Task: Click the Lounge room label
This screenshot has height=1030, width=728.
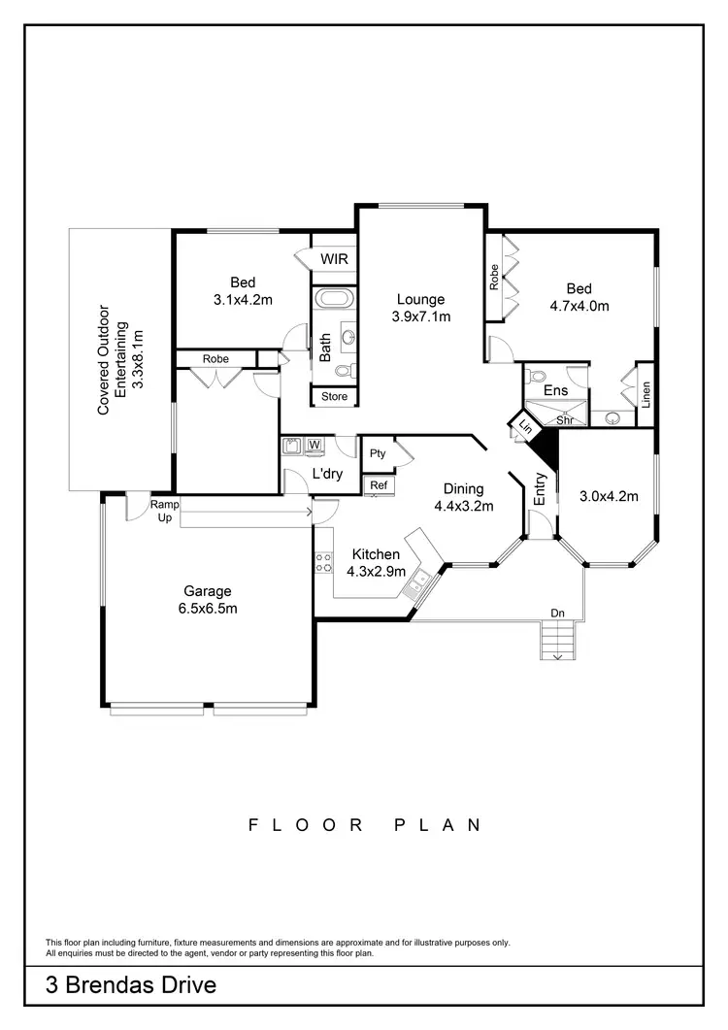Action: pyautogui.click(x=419, y=300)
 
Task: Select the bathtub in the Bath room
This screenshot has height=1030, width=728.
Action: pyautogui.click(x=335, y=297)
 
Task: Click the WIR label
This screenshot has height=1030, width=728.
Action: pyautogui.click(x=334, y=259)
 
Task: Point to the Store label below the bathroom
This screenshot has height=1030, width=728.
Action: pyautogui.click(x=334, y=396)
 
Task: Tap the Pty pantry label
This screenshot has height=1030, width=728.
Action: pyautogui.click(x=377, y=453)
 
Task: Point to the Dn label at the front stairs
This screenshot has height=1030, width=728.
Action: pyautogui.click(x=557, y=613)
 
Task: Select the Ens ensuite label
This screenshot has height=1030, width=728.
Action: pyautogui.click(x=555, y=390)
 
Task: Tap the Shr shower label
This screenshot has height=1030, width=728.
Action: pyautogui.click(x=564, y=420)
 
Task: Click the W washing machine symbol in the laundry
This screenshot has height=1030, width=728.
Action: pyautogui.click(x=314, y=446)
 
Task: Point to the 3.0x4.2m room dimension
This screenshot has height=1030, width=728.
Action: pyautogui.click(x=609, y=497)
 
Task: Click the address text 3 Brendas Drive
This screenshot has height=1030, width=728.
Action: pyautogui.click(x=130, y=987)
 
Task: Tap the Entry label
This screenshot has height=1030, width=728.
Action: pyautogui.click(x=541, y=489)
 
